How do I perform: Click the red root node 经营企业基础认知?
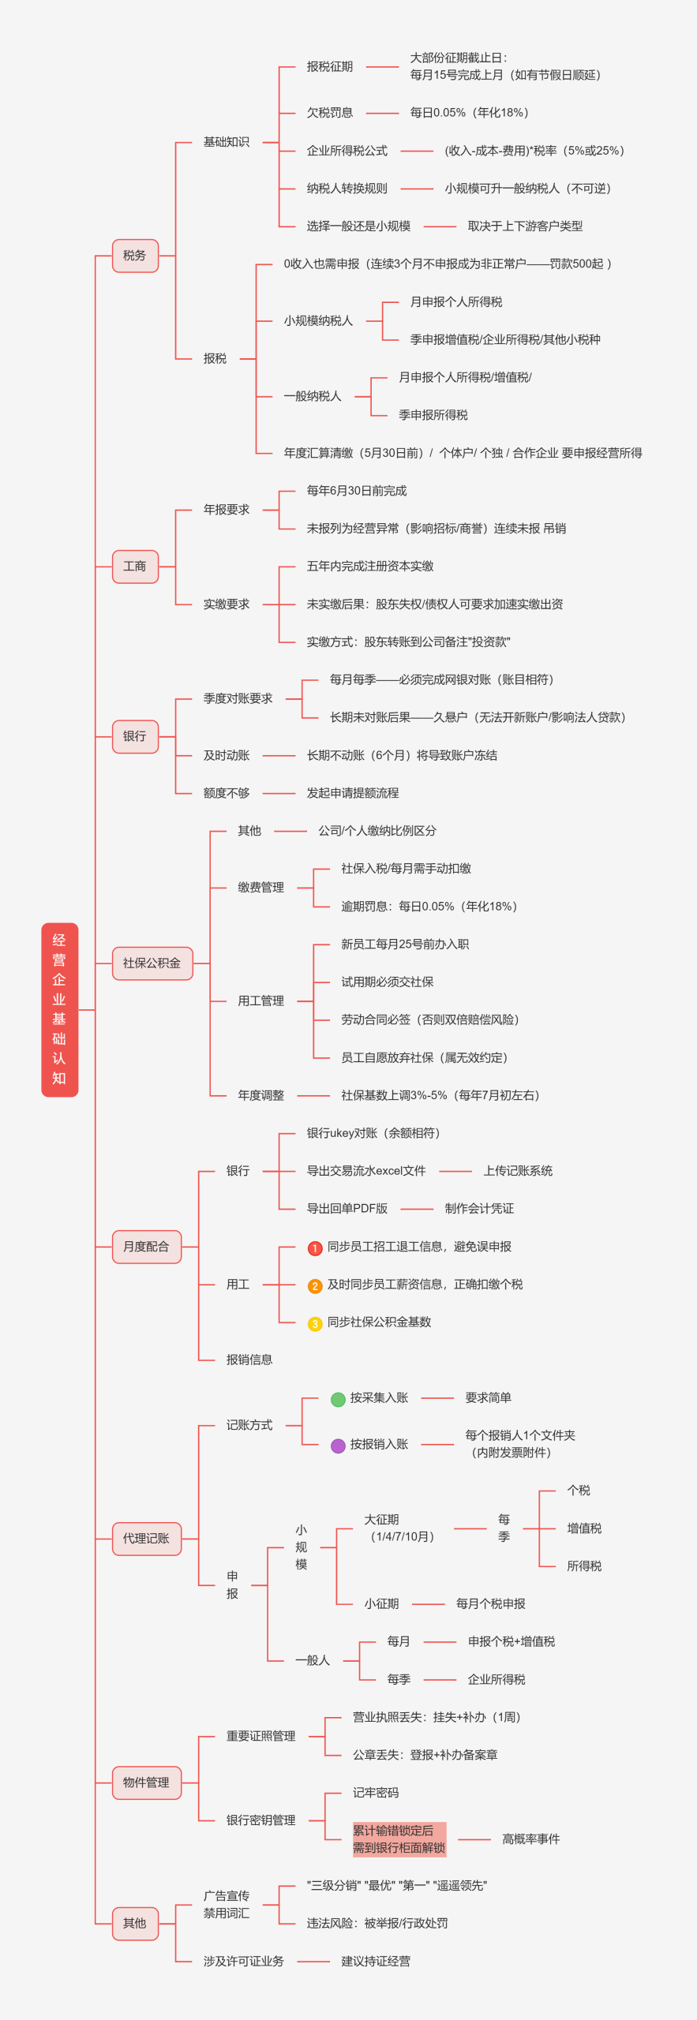coord(59,1009)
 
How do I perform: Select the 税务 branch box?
coord(135,256)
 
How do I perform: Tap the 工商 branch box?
coord(135,567)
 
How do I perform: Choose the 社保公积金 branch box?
coord(152,963)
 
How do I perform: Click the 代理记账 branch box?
coord(147,1539)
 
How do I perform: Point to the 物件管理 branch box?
coord(147,1782)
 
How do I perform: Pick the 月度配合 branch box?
coord(147,1247)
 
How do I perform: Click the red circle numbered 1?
coord(315,1248)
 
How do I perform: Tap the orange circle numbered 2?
coord(315,1286)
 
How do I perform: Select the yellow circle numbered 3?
coord(315,1324)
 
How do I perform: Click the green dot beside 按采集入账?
coord(338,1399)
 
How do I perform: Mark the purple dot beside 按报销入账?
coord(338,1446)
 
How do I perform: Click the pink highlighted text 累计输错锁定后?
coord(393,1831)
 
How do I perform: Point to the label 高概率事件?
coord(531,1839)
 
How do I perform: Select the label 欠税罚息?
coord(330,113)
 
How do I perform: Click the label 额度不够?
coord(227,793)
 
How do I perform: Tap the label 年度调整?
coord(261,1095)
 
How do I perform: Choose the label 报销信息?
coord(249,1360)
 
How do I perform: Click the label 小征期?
coord(381,1604)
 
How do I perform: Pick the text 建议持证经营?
coord(376,1961)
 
